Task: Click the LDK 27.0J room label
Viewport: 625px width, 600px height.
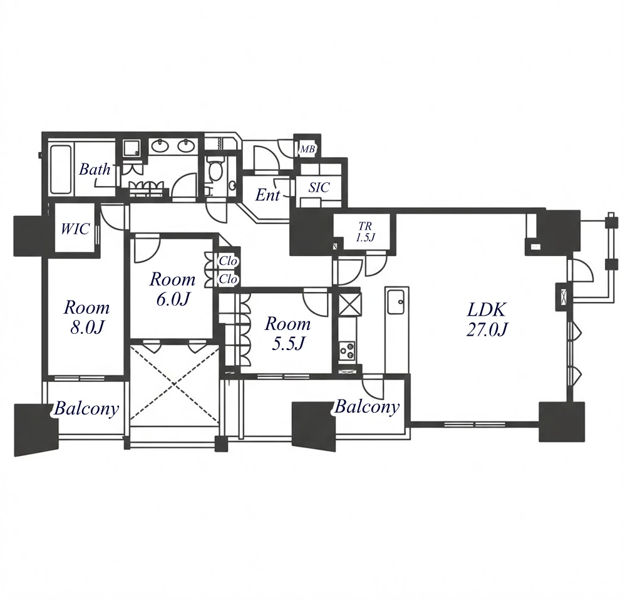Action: (x=487, y=319)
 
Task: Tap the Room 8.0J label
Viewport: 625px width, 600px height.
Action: (x=87, y=317)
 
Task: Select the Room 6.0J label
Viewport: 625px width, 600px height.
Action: (x=173, y=289)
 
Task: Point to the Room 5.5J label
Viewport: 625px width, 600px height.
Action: (x=288, y=333)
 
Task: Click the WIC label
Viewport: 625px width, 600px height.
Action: (x=75, y=229)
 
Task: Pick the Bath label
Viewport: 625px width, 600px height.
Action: (x=95, y=170)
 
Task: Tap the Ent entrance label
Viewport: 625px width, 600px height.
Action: (x=267, y=195)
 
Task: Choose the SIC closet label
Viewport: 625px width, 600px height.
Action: (x=319, y=187)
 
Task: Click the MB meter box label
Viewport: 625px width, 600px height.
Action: (x=307, y=150)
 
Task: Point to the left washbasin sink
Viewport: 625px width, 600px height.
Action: (x=161, y=145)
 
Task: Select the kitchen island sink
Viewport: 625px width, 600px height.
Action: (x=396, y=303)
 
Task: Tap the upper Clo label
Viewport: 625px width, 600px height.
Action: (x=228, y=261)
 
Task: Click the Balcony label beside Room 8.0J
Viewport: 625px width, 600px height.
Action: (x=86, y=408)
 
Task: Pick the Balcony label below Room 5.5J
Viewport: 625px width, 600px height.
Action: (x=367, y=406)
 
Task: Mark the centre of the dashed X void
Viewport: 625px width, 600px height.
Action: (x=175, y=385)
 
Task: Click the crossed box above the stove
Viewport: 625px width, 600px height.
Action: (x=350, y=304)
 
